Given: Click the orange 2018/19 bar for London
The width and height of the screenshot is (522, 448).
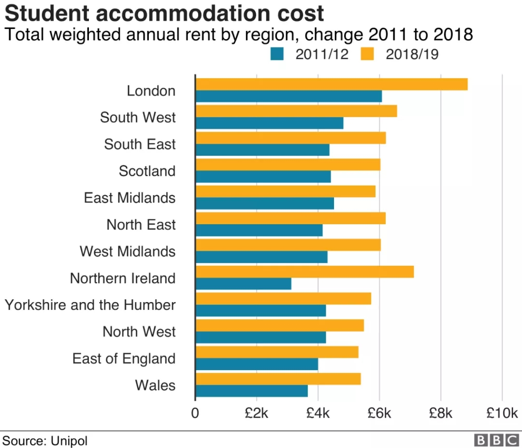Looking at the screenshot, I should (x=332, y=84).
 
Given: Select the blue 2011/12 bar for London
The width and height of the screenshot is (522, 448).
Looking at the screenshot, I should (x=289, y=96).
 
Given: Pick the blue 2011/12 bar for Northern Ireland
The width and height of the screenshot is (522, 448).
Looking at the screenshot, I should (x=244, y=284).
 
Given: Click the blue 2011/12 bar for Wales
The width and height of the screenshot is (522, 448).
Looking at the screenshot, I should (x=252, y=390).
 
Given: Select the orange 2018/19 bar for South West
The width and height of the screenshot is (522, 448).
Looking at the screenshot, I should (x=296, y=111).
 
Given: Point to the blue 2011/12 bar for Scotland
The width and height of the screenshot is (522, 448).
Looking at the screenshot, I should (x=263, y=176).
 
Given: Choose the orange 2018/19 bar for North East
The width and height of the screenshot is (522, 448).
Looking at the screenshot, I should (x=290, y=218).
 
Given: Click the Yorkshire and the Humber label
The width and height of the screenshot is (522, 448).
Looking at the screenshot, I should (x=90, y=305).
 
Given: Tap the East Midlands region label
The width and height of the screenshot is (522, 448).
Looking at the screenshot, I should (x=130, y=198).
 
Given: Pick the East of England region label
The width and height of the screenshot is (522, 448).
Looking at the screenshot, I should (x=124, y=359).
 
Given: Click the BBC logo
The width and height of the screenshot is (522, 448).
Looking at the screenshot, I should (x=496, y=440).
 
